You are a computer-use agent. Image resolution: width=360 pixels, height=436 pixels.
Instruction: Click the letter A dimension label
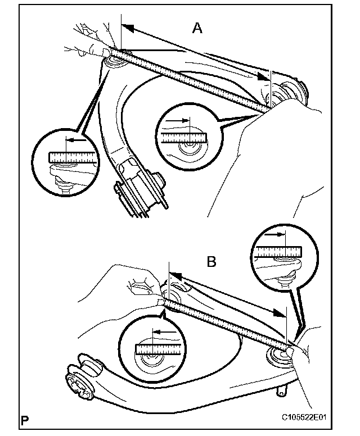pos(197,28)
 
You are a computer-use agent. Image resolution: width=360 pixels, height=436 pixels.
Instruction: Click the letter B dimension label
pos(212,261)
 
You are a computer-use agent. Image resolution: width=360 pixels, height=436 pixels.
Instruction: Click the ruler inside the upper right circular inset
pos(182,137)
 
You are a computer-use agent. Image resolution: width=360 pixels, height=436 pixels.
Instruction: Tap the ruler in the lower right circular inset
pos(277,252)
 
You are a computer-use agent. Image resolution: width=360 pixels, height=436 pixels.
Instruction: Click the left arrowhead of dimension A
pos(127,28)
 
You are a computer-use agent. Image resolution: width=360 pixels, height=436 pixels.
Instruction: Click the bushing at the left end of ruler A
pos(115,57)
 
